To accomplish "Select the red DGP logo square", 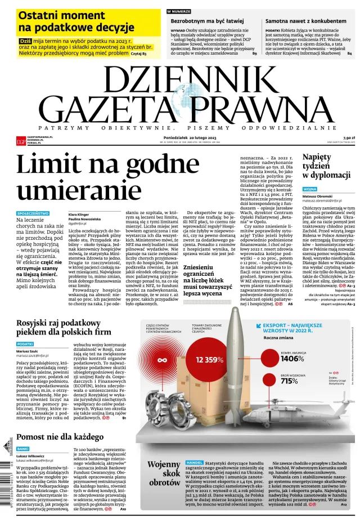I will (x=21, y=141).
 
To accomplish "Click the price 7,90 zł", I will (x=348, y=137).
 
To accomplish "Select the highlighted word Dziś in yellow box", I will (x=25, y=41).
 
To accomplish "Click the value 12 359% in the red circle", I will (x=209, y=359).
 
